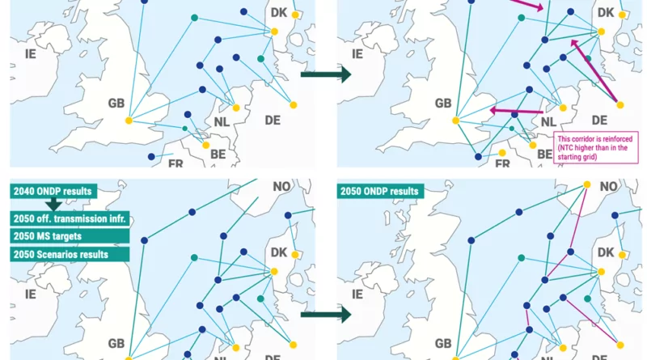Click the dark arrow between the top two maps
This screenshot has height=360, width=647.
326,74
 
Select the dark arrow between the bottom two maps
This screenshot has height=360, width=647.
326,313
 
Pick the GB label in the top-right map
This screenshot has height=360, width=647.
442,104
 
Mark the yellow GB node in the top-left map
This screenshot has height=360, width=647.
128,121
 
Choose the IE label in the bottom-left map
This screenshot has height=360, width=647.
32,294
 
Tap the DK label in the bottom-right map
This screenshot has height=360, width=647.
605,253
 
